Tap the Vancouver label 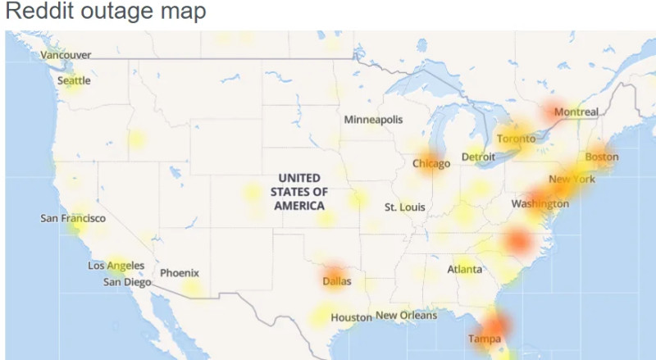click(66, 55)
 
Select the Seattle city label click(74, 81)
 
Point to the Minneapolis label click(373, 120)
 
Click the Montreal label click(576, 112)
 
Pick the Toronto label click(516, 139)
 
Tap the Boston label click(602, 157)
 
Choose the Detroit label click(478, 157)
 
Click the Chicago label click(431, 164)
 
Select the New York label click(572, 180)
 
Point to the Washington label click(540, 203)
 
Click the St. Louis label click(405, 207)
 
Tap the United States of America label click(299, 192)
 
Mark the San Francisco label click(73, 219)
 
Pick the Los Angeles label click(116, 266)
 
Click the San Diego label click(127, 282)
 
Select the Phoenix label click(180, 273)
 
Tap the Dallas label click(336, 281)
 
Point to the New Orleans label click(407, 316)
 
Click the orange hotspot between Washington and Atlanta click(517, 241)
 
